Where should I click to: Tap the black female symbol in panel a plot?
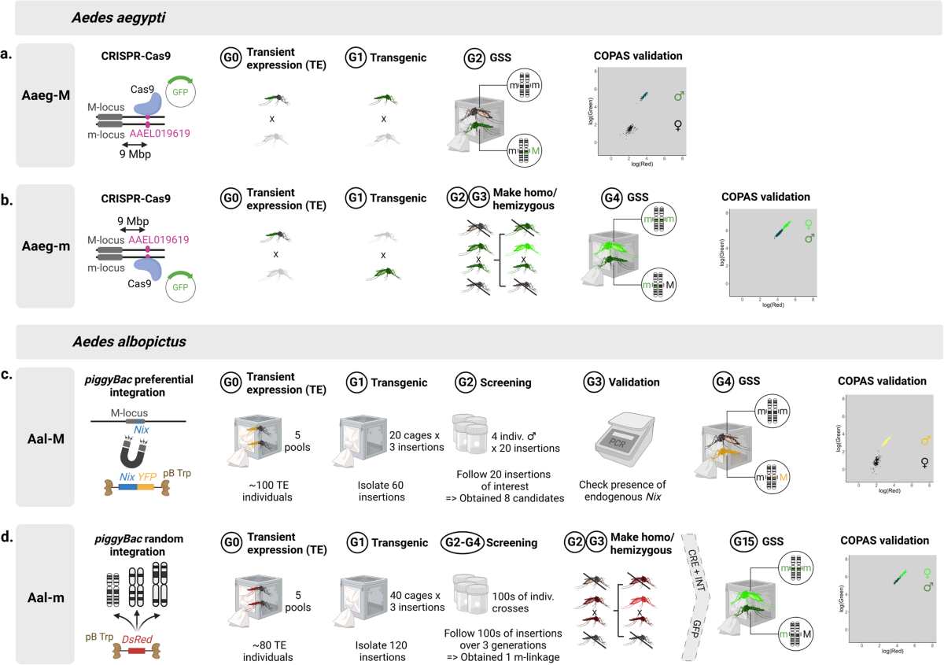coord(678,125)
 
